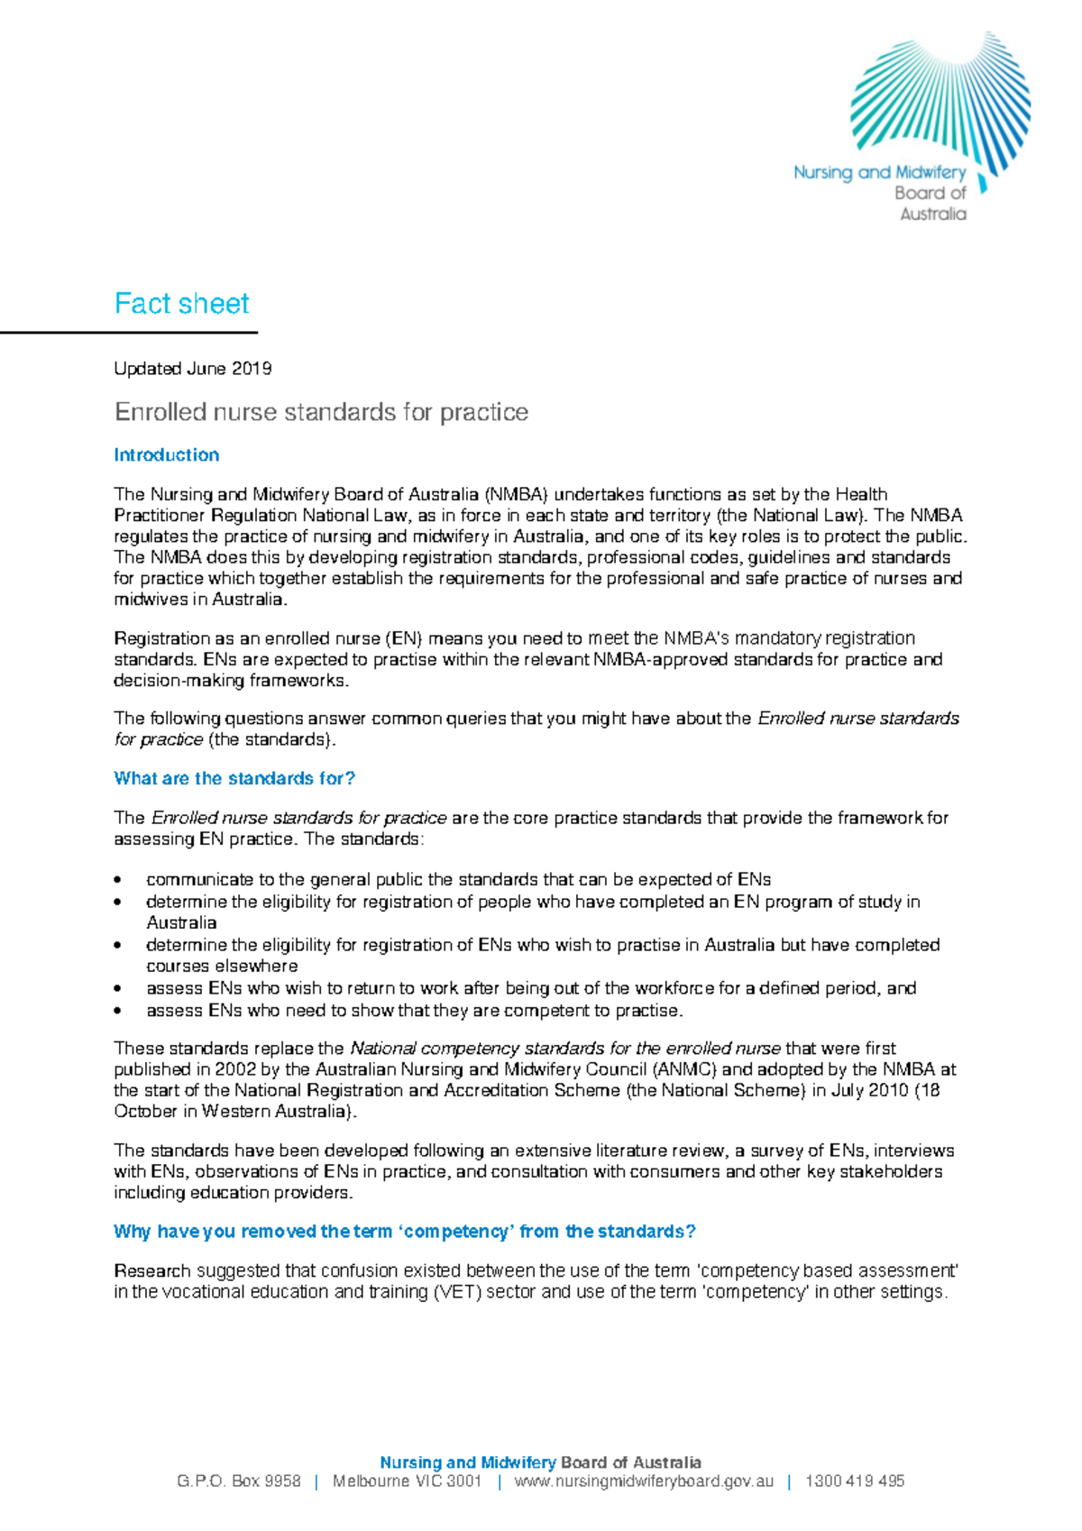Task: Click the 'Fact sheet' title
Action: click(181, 304)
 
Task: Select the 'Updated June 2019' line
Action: click(192, 369)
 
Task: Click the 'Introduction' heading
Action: click(166, 455)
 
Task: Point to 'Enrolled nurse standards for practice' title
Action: click(321, 412)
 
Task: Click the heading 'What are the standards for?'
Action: click(234, 779)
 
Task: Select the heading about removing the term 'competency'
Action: click(404, 1232)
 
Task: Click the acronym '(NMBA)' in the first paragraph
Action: click(515, 495)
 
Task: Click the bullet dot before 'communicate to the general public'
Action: click(118, 880)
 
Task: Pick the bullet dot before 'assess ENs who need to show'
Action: click(118, 1012)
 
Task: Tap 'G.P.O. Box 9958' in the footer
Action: click(239, 1481)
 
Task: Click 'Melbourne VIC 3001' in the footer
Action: click(407, 1481)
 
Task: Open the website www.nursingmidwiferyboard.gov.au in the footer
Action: click(644, 1481)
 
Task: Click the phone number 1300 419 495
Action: click(854, 1481)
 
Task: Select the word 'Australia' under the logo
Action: click(932, 215)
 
